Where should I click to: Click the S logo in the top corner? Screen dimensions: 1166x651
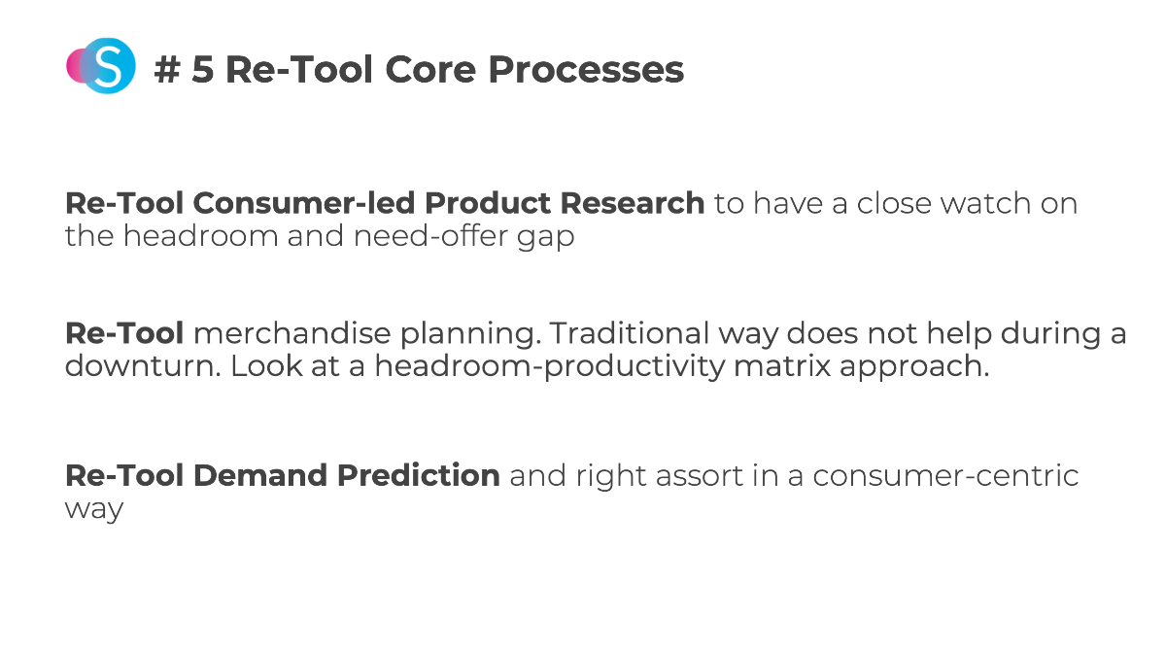[x=101, y=65]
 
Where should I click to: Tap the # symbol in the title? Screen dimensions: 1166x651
[x=167, y=70]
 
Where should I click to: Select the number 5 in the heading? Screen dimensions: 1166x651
[x=202, y=70]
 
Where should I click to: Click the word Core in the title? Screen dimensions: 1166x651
[x=430, y=70]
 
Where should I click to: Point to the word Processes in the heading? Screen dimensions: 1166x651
[x=586, y=70]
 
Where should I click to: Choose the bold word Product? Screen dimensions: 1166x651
[x=488, y=203]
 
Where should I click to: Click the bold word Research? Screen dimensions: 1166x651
[x=633, y=203]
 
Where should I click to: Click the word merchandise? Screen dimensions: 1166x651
[x=291, y=333]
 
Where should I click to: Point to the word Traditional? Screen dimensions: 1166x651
[x=630, y=333]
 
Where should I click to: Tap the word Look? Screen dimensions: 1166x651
[x=266, y=366]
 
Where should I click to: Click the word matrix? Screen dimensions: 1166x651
[x=782, y=366]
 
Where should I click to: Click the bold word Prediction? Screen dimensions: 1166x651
[x=419, y=476]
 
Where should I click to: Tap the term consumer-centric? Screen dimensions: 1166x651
[x=945, y=477]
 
